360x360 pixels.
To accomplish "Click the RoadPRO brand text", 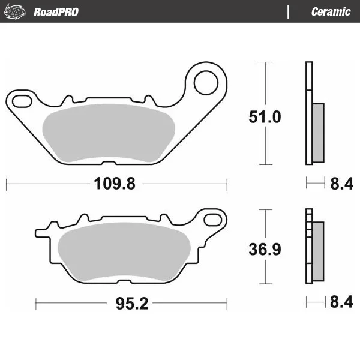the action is tap(56, 12).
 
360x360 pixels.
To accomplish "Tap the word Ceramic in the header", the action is tap(331, 12).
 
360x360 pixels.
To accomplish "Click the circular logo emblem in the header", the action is tap(14, 11).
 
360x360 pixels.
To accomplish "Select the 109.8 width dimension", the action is tap(115, 184).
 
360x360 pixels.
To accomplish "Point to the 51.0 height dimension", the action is tap(265, 117).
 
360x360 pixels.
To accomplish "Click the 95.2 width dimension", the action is tap(132, 304).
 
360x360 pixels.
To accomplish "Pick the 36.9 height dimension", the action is tap(265, 250).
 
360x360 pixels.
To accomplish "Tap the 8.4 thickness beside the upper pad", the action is tap(341, 184).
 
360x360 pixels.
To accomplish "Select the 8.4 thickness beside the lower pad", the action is tap(341, 302).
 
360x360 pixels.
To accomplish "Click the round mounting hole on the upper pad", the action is tap(206, 83).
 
